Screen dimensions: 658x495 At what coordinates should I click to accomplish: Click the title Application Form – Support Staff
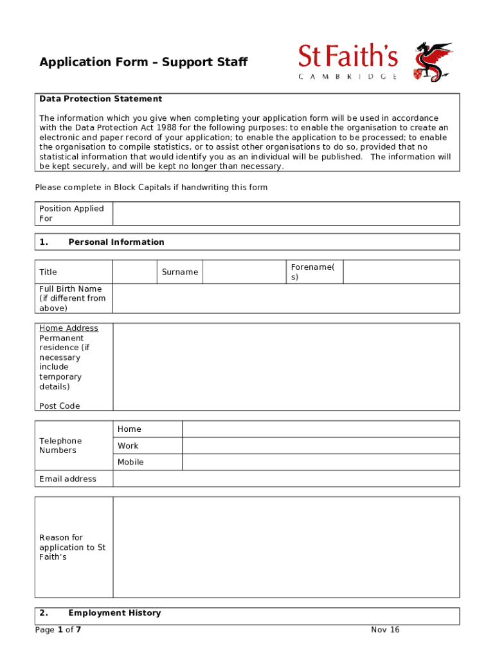tap(143, 62)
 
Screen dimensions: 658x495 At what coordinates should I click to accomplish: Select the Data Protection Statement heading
tap(100, 99)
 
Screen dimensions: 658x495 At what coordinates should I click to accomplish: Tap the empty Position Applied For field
tap(285, 213)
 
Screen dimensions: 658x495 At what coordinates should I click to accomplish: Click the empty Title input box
tap(135, 272)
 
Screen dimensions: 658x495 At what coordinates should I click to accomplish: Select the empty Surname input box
tap(244, 272)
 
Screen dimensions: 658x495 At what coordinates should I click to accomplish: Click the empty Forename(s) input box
tap(401, 272)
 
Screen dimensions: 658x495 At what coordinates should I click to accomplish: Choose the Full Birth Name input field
tap(285, 298)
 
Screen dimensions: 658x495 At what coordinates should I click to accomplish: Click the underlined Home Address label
tap(69, 328)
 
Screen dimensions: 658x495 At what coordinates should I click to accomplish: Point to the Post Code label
tap(60, 406)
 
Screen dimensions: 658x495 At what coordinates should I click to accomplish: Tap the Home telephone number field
tap(320, 429)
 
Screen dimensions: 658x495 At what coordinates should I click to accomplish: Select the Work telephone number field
tap(320, 446)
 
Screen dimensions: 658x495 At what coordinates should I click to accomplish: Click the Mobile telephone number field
tap(320, 462)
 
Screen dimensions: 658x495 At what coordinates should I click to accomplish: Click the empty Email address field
tap(285, 479)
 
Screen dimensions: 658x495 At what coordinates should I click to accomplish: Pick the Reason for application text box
tap(285, 547)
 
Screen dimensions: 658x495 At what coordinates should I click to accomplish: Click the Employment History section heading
tap(114, 613)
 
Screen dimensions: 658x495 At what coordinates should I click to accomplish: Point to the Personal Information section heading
tap(116, 242)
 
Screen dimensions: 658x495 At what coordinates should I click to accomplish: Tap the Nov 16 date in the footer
tap(385, 630)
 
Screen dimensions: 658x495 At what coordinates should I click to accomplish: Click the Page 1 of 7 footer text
tap(58, 630)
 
